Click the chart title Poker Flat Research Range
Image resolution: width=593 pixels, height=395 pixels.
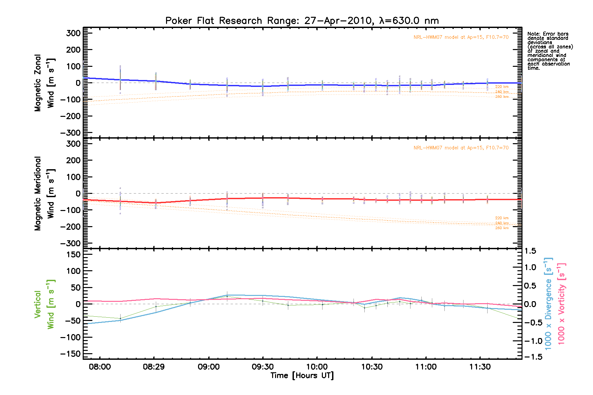(x=302, y=21)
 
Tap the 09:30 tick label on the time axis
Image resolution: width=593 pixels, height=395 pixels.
(x=263, y=367)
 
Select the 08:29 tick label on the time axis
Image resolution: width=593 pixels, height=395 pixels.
(x=154, y=367)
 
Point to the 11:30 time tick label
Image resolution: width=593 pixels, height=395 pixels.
(x=480, y=367)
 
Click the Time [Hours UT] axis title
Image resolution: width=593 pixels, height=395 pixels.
(x=302, y=376)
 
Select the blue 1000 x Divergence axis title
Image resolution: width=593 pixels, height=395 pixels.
(x=548, y=304)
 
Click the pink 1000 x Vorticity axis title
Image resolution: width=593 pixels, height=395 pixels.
(x=561, y=304)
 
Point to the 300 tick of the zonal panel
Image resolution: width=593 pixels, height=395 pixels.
(x=73, y=33)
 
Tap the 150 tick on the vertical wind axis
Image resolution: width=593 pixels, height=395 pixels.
(x=73, y=254)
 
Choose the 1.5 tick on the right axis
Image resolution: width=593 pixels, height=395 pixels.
(x=530, y=251)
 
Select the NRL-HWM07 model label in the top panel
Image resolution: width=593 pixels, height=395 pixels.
(x=461, y=37)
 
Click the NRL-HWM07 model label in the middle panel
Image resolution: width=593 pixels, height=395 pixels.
(x=461, y=148)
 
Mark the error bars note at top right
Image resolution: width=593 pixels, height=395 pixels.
(x=550, y=51)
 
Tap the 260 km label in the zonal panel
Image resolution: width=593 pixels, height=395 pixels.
(x=502, y=97)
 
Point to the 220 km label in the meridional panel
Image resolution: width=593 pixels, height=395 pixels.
(x=502, y=218)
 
